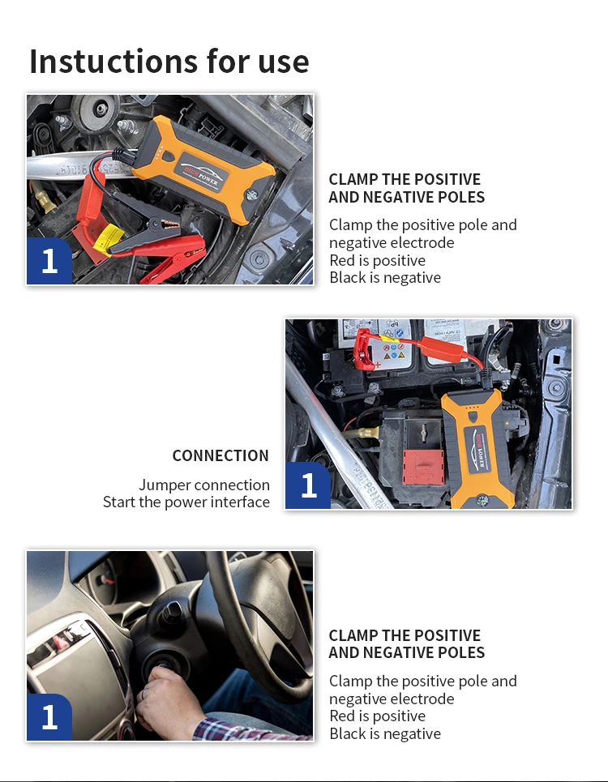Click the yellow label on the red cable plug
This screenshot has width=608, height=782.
coord(107,238)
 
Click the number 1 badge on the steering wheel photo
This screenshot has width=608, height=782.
coord(49,716)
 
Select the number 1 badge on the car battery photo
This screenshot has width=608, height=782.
coord(308,485)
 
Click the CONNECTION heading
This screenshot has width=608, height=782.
coord(220,455)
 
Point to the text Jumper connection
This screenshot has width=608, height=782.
coord(203,485)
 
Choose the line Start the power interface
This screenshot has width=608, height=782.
coord(186,502)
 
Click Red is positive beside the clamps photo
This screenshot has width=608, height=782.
coord(377,260)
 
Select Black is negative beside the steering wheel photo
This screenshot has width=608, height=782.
coord(385,733)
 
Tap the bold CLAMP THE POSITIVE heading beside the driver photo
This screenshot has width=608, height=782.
coord(405,635)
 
